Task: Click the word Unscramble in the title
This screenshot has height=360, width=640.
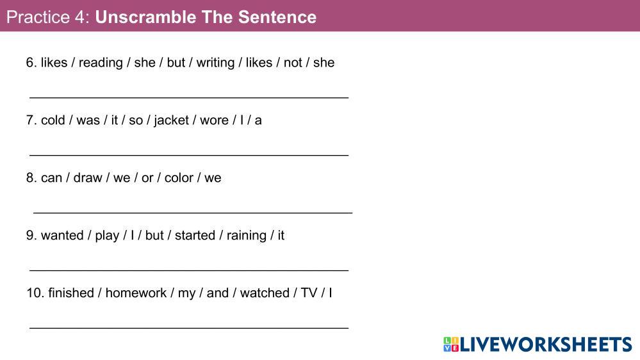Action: [145, 17]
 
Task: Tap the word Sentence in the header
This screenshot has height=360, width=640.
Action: [277, 17]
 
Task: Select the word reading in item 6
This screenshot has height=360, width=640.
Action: [101, 63]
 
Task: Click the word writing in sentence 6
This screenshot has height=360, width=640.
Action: [215, 63]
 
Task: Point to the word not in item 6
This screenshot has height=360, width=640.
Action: [293, 63]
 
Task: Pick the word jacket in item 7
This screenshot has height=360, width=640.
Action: [172, 121]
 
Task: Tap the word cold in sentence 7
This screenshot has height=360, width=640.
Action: [53, 120]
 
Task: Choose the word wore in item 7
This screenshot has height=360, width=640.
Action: [214, 121]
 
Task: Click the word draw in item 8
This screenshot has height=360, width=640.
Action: [88, 178]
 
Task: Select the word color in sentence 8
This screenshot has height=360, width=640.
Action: [179, 178]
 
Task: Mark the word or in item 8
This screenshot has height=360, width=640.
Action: [147, 178]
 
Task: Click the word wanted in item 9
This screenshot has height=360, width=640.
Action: [62, 236]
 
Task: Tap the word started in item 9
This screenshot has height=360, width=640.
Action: [195, 236]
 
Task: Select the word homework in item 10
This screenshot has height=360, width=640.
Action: [136, 293]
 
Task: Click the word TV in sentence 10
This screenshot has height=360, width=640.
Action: [309, 293]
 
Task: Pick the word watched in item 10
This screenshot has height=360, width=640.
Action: [265, 293]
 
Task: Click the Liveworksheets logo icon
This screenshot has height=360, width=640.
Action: [451, 345]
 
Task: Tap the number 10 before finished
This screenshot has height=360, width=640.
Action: [34, 293]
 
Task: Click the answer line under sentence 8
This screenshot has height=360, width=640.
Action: [193, 213]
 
